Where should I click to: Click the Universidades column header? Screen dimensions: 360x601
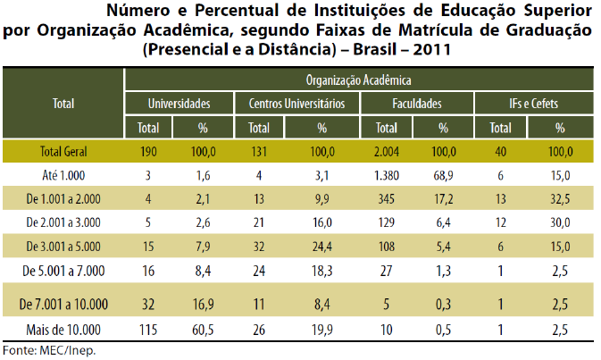(x=179, y=104)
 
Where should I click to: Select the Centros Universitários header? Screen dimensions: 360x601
(x=297, y=104)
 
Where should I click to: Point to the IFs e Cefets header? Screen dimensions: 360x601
(x=534, y=104)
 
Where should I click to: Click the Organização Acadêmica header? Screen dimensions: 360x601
(x=360, y=80)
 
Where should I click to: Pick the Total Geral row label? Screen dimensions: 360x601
(x=63, y=150)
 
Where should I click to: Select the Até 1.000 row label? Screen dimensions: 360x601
(x=63, y=173)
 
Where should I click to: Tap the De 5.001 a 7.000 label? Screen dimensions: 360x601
(x=63, y=269)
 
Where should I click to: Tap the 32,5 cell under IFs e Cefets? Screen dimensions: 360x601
(x=560, y=197)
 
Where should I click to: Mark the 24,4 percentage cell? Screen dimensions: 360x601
(x=321, y=245)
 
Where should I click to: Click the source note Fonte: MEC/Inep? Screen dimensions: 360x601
(x=48, y=350)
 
